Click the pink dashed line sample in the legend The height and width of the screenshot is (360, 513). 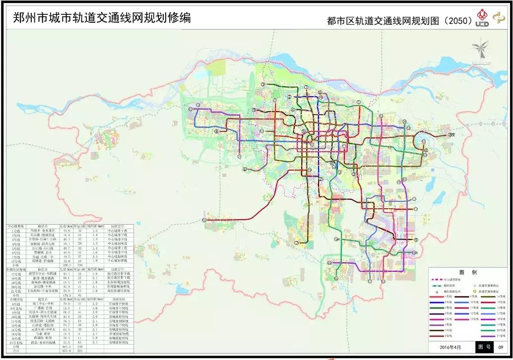click(x=437, y=280)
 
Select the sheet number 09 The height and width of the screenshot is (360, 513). click(x=501, y=347)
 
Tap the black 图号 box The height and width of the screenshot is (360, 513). click(x=485, y=347)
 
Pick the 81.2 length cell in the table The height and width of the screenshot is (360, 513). click(x=68, y=312)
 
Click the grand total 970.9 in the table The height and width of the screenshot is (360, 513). click(x=67, y=350)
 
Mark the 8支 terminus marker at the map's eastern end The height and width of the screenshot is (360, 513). click(x=450, y=134)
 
